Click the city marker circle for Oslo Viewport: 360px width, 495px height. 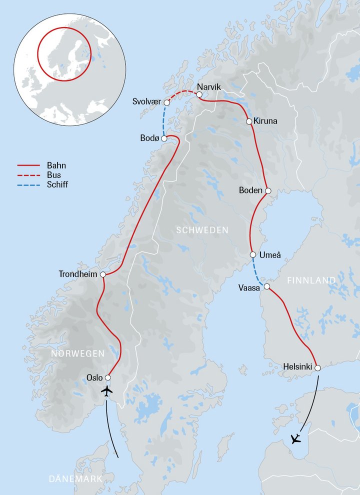[107, 377]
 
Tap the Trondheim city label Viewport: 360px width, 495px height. [78, 274]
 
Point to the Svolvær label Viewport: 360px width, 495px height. [146, 101]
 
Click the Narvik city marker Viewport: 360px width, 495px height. [199, 94]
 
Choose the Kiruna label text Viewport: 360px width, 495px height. [265, 121]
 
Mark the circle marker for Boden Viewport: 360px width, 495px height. [268, 191]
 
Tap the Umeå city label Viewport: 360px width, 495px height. [270, 255]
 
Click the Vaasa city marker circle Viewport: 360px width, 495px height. [267, 286]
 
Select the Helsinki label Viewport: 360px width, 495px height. [298, 366]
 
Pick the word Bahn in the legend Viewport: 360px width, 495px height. [55, 165]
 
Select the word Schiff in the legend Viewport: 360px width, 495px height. [57, 184]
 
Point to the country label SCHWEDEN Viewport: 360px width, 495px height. [202, 230]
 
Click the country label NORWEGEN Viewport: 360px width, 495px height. [77, 353]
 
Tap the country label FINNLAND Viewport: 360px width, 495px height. [311, 280]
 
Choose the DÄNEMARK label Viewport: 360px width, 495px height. [75, 479]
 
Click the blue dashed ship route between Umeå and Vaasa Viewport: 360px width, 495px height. [259, 272]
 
